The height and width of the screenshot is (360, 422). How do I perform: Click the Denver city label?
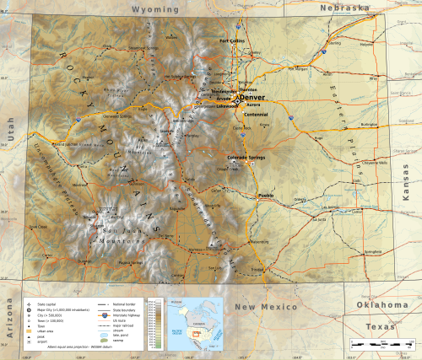click(253, 97)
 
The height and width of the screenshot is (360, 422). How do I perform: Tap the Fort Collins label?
click(231, 40)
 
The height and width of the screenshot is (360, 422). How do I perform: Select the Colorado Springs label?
click(246, 157)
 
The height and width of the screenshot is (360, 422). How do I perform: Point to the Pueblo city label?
click(265, 195)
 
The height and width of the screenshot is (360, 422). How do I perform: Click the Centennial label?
click(255, 113)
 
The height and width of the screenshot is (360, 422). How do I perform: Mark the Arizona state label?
click(11, 322)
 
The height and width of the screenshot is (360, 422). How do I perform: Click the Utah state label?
click(9, 130)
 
